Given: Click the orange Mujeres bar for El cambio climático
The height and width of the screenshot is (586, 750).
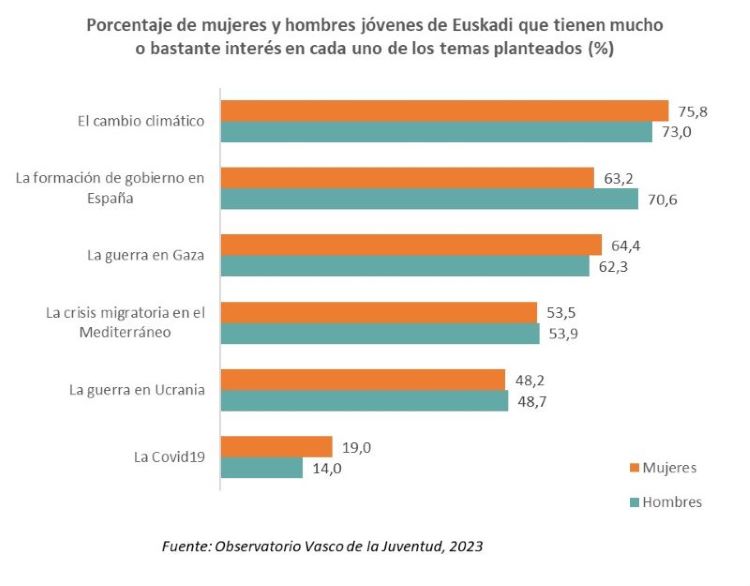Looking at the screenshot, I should [444, 111].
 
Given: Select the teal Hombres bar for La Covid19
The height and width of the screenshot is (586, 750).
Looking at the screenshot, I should [261, 468].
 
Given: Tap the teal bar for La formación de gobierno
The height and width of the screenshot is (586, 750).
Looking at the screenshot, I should [429, 199].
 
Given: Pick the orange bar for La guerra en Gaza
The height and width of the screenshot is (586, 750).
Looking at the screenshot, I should [411, 245].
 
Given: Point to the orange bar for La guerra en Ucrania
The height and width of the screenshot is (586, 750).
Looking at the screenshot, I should [362, 380].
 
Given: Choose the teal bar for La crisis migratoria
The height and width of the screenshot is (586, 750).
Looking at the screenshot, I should [380, 334].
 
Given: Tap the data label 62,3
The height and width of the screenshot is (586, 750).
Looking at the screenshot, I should [613, 267].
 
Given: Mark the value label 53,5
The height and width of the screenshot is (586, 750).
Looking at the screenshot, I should [561, 312].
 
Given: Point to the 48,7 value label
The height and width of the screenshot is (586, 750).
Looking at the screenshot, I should [532, 401].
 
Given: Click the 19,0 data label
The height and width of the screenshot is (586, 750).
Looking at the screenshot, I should [355, 447].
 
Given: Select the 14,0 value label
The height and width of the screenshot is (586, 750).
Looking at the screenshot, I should [326, 468].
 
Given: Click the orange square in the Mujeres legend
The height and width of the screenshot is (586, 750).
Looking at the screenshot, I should [634, 467].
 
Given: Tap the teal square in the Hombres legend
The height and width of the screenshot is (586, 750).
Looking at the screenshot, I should [634, 502].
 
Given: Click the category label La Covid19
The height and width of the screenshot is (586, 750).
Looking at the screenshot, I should [169, 457].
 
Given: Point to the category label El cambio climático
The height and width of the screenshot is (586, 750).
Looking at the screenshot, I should [141, 121].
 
